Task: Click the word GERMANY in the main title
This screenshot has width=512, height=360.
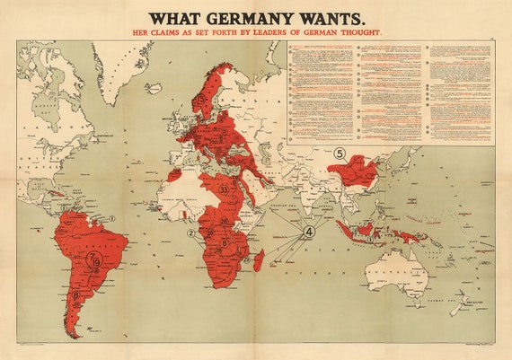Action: click(x=251, y=18)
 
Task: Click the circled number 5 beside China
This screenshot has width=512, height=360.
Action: click(x=340, y=153)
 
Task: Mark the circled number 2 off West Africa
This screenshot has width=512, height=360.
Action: click(x=190, y=233)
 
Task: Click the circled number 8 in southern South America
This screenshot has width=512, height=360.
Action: click(x=76, y=294)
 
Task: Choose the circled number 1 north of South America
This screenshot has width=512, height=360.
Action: click(x=113, y=218)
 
